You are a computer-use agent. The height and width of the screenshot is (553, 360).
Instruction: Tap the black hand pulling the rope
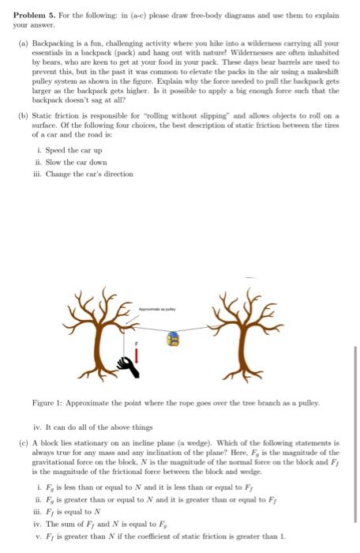[x=126, y=363]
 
